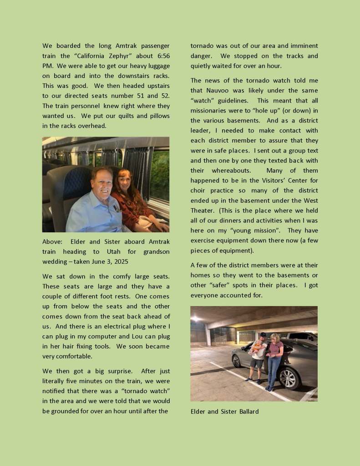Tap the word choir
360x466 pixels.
pos(198,190)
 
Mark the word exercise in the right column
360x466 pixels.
pos(206,241)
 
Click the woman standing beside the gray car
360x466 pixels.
pos(274,360)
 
